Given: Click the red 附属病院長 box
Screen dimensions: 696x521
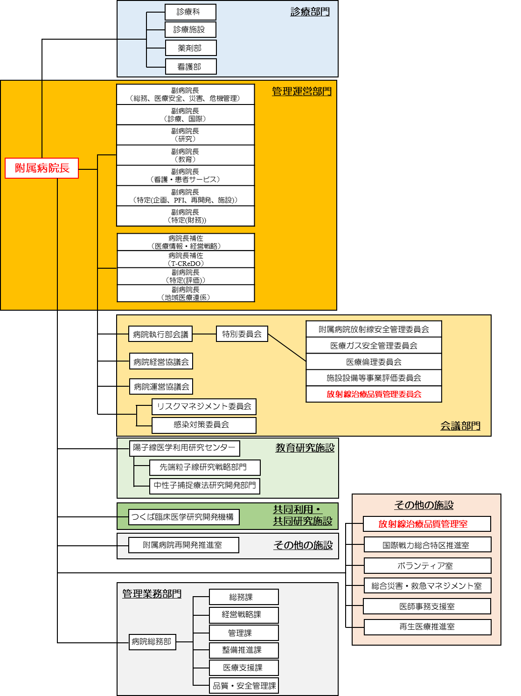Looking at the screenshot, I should point(42,168).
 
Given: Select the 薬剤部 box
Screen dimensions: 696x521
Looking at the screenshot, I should point(190,48).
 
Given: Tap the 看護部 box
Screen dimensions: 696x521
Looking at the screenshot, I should point(190,67).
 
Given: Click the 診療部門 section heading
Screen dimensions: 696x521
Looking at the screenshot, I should point(310,12).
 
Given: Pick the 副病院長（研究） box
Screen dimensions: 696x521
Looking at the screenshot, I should point(185,135).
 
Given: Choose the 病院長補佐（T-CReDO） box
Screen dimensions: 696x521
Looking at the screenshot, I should point(185,259).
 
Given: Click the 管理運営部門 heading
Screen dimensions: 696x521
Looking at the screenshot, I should point(301,91).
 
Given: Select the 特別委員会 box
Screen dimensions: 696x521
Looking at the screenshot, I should point(242,334).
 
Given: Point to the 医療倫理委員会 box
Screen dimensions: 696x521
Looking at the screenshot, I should point(374,362).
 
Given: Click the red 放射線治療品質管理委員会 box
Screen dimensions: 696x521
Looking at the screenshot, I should point(374,394).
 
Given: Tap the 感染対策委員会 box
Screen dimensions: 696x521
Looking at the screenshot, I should point(204,425).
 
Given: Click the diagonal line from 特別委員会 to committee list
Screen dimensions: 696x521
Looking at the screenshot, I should point(287,348).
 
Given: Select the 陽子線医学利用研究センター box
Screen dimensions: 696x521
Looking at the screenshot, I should point(184,448).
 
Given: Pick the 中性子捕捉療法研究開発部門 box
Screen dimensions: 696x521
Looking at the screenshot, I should point(204,486).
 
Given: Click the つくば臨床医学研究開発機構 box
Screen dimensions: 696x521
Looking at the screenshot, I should point(183,517).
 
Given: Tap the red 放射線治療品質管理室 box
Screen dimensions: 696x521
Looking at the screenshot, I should point(427,524).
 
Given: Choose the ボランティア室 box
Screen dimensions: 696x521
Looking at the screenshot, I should point(427,566).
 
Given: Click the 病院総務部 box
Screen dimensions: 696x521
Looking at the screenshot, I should point(152,642).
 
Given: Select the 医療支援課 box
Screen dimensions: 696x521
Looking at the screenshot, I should point(243,668).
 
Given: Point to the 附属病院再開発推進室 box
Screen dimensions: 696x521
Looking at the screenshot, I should point(183,545).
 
